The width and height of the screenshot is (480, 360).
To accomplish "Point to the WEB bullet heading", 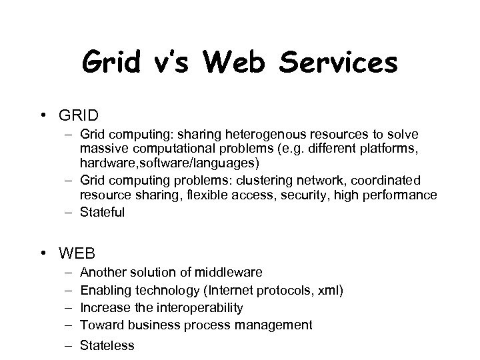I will (x=77, y=253).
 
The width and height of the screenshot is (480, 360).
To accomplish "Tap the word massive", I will (x=101, y=151).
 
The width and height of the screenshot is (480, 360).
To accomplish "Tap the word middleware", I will (x=229, y=273).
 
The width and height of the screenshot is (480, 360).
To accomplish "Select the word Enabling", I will (x=105, y=290).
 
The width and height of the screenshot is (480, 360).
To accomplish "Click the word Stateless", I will (x=107, y=345).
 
